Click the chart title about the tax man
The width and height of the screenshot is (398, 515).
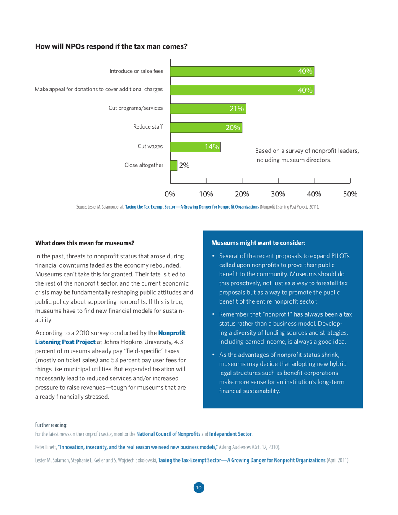coord(111,46)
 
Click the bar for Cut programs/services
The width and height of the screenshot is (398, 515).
coord(208,108)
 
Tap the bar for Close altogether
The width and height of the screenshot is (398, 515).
coord(173,165)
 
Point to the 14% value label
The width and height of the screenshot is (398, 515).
coord(212,147)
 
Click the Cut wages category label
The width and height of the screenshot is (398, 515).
coord(150,146)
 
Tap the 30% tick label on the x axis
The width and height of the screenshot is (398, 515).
coord(278,194)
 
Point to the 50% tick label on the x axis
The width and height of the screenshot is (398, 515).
coord(350,194)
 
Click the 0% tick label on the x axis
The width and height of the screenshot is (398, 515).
coord(170,194)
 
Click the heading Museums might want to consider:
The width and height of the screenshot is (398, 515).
coord(258,243)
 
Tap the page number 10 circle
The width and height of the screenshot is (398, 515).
coord(199,487)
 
